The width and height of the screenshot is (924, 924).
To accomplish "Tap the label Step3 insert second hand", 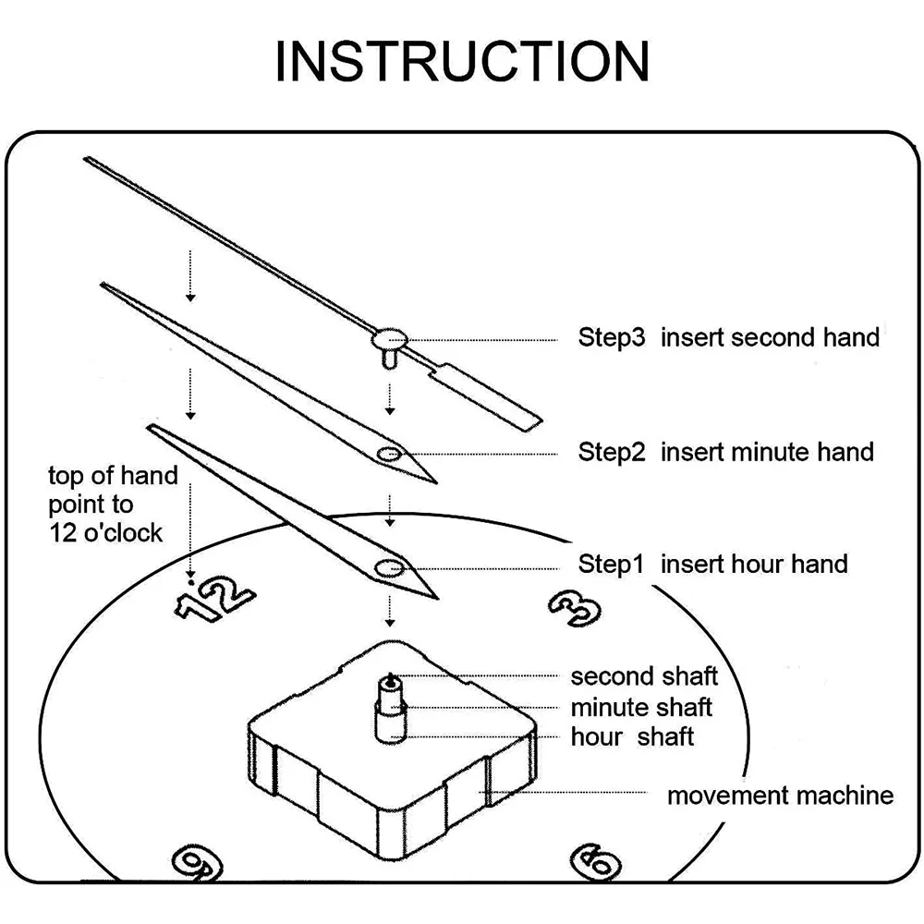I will coord(728,337).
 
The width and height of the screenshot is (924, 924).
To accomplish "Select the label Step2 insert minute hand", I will coord(725,452).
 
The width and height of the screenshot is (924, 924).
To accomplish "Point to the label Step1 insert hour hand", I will coord(712,564).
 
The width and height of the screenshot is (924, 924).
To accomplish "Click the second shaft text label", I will coord(644,676).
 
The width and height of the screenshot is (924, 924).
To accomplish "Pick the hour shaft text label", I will coord(632,736).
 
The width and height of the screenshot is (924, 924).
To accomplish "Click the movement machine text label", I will coord(780,795).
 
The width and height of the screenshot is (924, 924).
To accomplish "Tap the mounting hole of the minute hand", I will coord(388,453).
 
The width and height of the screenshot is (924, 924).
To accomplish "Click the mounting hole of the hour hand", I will coord(387,565).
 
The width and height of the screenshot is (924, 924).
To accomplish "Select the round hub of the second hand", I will coord(391,338).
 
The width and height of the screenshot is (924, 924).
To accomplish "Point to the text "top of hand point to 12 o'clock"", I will coord(112,505).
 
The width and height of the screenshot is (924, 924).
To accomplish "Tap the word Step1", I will coord(610,564).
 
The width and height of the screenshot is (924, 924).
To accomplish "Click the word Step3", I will coord(611,337).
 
